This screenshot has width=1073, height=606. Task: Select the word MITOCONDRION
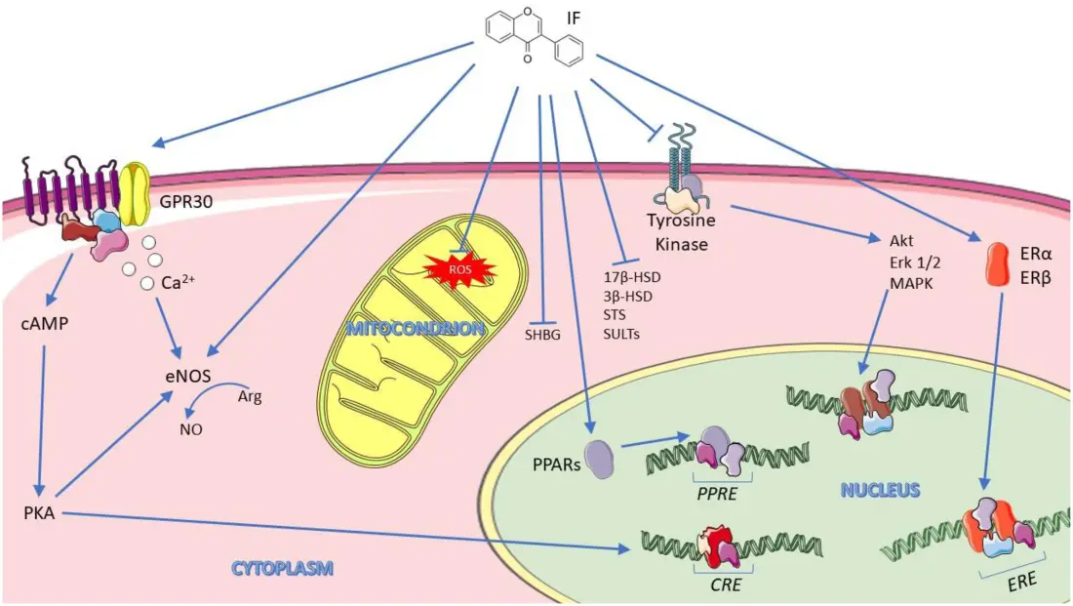coord(416,329)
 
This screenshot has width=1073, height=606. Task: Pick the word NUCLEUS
coord(880,490)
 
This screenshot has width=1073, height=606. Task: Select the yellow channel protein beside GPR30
coord(136,189)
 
